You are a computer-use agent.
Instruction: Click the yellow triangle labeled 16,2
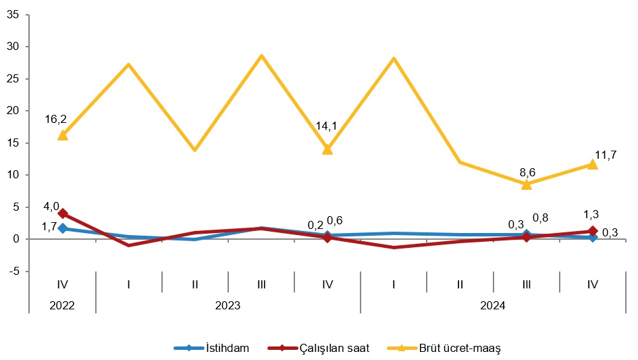[63, 135]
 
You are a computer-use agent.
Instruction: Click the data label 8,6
[527, 172]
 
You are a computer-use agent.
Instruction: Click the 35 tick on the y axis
[13, 14]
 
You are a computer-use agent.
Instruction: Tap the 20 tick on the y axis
[13, 111]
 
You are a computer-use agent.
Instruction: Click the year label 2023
[228, 305]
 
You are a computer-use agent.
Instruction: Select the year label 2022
[62, 305]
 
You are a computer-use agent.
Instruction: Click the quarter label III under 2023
[261, 284]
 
